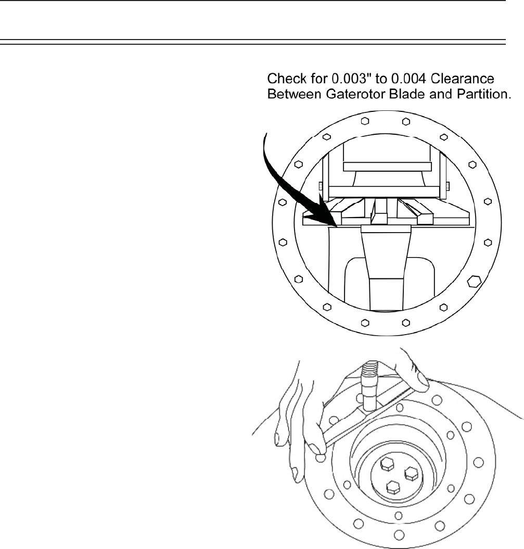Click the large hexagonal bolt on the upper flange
tap(472, 282)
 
